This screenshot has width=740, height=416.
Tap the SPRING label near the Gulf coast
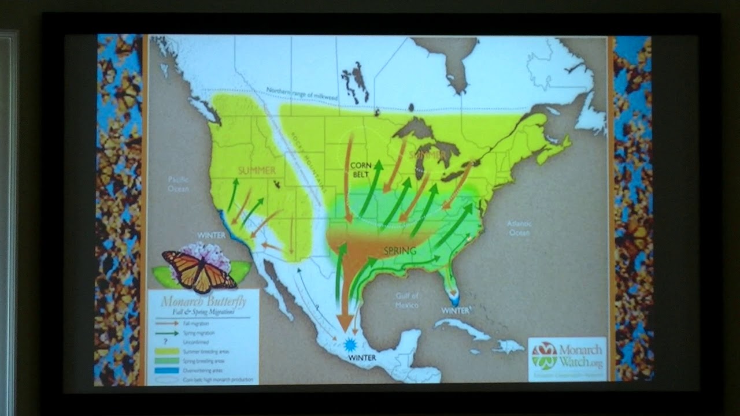(400, 251)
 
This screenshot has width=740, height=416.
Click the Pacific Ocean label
(178, 184)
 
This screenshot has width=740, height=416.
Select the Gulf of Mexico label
(407, 300)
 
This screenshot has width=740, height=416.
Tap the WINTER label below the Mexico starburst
(362, 358)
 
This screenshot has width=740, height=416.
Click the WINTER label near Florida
(456, 310)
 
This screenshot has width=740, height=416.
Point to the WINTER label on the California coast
(212, 236)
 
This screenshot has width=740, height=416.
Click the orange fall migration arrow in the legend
(166, 324)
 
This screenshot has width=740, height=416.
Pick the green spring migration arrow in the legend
(166, 333)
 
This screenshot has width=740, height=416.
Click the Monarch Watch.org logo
(567, 358)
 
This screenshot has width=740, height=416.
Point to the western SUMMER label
(257, 170)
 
